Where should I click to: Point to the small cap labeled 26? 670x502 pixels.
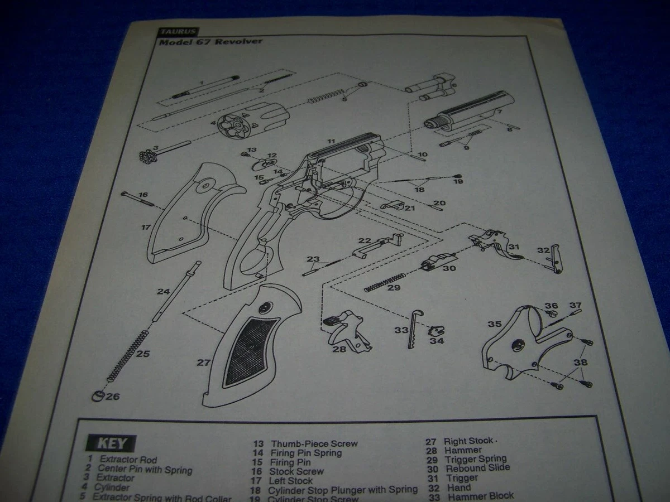[98, 397]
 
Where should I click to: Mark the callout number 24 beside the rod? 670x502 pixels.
[163, 291]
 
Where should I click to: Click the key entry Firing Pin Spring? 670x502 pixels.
[306, 453]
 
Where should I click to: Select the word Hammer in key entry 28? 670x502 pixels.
[463, 450]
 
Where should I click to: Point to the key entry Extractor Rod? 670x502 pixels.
[128, 460]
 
